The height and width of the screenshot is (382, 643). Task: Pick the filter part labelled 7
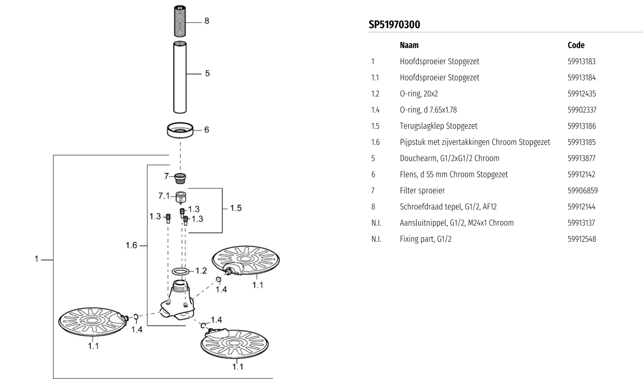click(182, 176)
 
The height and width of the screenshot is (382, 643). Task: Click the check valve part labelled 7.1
click(182, 197)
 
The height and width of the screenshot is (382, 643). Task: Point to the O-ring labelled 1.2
click(181, 272)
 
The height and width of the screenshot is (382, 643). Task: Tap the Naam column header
click(409, 45)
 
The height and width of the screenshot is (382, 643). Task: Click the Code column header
click(576, 45)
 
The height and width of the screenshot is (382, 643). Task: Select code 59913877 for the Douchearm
click(582, 158)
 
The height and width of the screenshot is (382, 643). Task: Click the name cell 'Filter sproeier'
click(422, 190)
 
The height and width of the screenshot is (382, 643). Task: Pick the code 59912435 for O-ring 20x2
click(582, 94)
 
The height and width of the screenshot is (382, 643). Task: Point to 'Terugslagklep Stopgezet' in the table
click(438, 126)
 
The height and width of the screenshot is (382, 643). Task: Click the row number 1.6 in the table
click(376, 142)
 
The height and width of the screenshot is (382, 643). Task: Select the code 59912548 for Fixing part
click(582, 239)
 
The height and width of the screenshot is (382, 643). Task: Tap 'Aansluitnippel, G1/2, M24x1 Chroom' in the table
click(457, 223)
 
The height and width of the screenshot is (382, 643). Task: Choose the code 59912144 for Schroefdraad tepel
click(582, 207)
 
